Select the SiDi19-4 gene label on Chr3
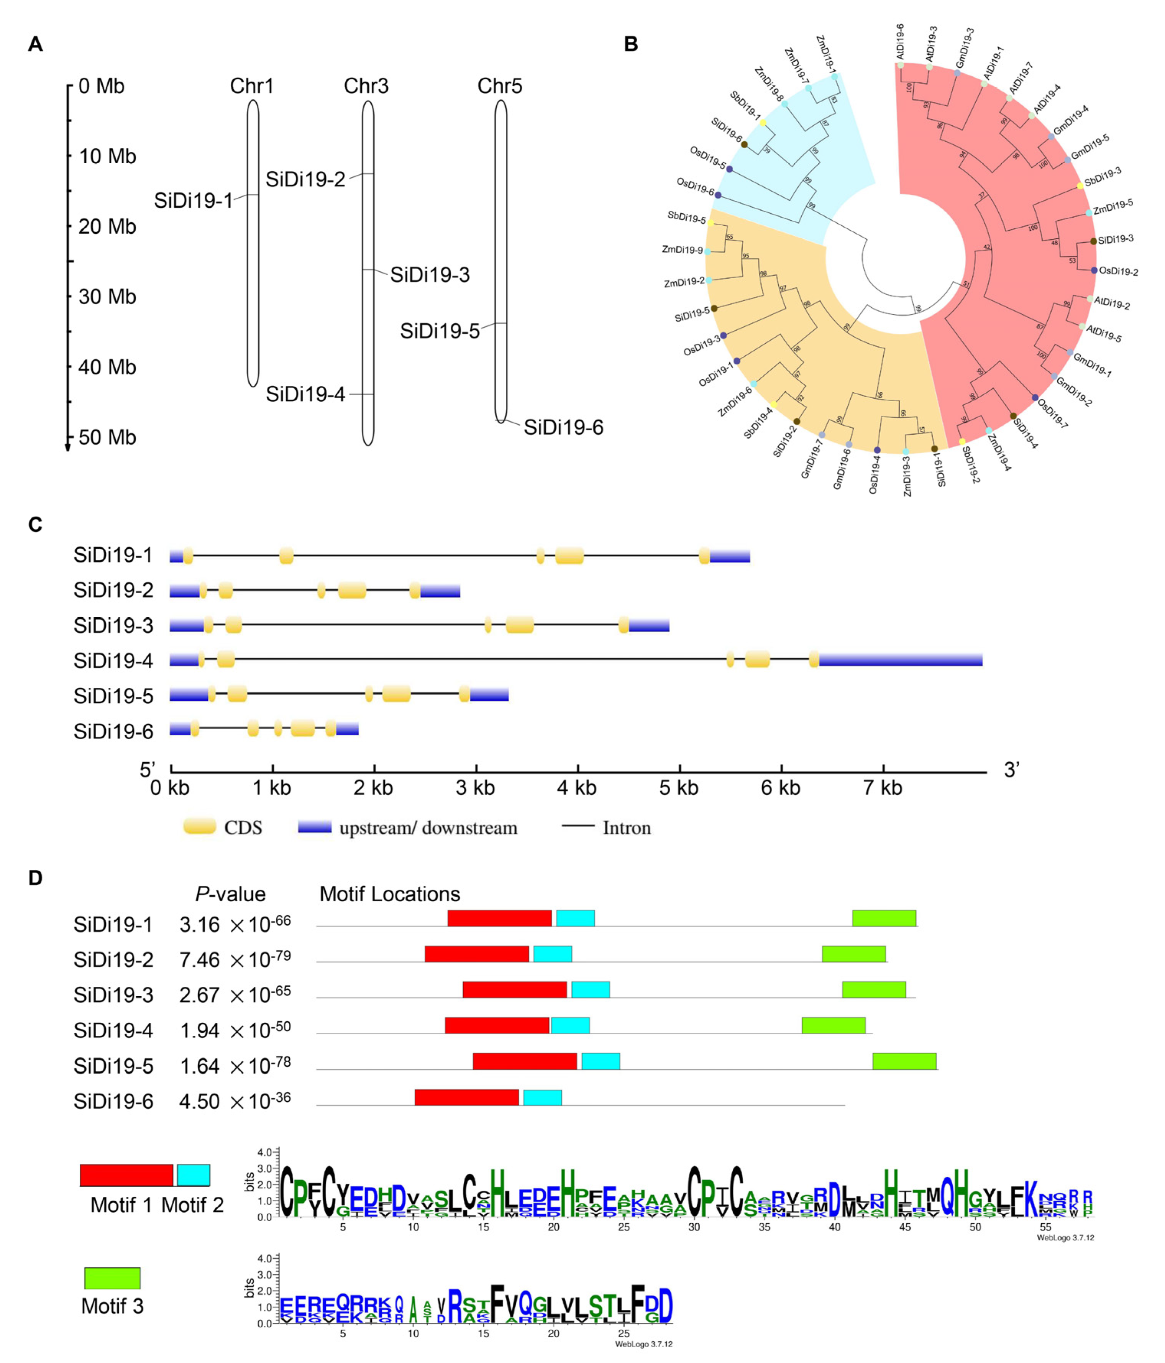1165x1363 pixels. pyautogui.click(x=305, y=394)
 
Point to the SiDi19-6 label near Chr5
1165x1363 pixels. pyautogui.click(x=563, y=428)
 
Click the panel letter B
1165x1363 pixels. pyautogui.click(x=630, y=44)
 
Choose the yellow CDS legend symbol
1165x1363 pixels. pyautogui.click(x=199, y=827)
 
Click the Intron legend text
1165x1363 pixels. pyautogui.click(x=626, y=828)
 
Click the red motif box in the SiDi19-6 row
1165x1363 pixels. pyautogui.click(x=466, y=1097)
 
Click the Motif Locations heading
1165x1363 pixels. pyautogui.click(x=389, y=894)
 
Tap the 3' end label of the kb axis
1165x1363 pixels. pyautogui.click(x=1011, y=770)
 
